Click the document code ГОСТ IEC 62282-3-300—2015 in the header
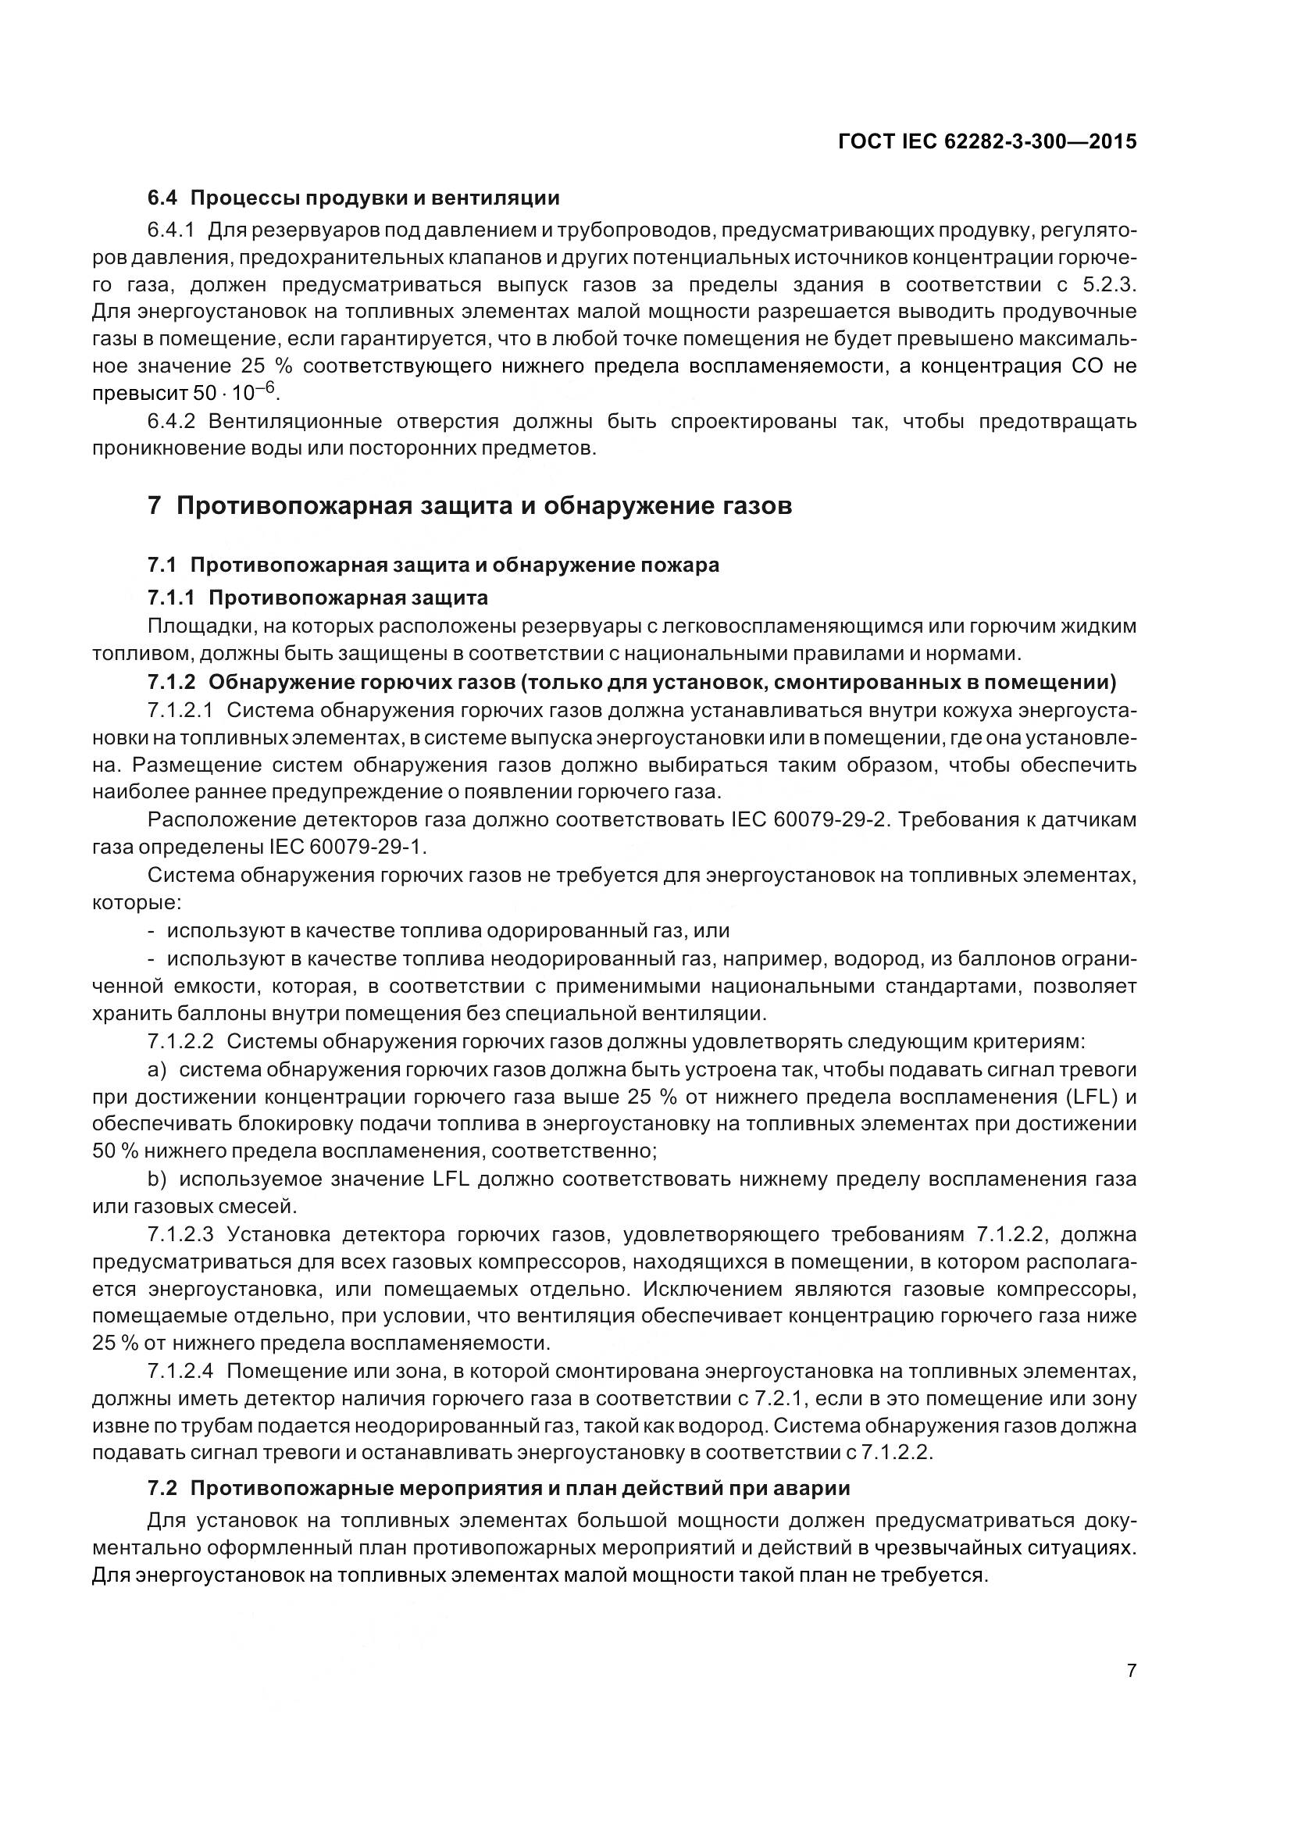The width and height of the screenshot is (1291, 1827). coord(987,141)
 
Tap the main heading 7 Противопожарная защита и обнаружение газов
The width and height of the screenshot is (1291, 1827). coord(469,506)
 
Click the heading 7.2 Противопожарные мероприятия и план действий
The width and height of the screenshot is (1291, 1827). coord(499,1488)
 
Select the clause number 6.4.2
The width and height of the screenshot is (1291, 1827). coord(170,421)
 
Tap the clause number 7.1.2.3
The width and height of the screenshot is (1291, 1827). coord(180,1234)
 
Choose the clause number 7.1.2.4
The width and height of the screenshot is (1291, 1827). coord(180,1371)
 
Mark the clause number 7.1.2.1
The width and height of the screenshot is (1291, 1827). coord(180,711)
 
